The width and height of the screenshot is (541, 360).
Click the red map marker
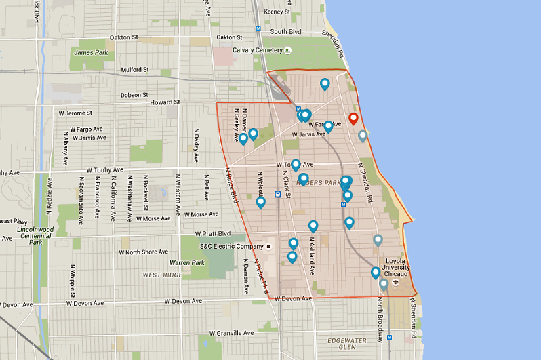point(353,119)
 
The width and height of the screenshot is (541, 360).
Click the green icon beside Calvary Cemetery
point(287,50)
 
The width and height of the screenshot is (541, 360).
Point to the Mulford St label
point(135,70)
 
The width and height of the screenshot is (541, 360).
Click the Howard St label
point(163,102)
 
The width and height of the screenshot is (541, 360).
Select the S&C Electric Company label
point(231,246)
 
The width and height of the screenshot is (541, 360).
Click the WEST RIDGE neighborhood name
point(162,275)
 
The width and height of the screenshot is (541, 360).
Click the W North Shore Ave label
point(144,252)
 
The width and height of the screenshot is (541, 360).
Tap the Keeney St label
point(277,12)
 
